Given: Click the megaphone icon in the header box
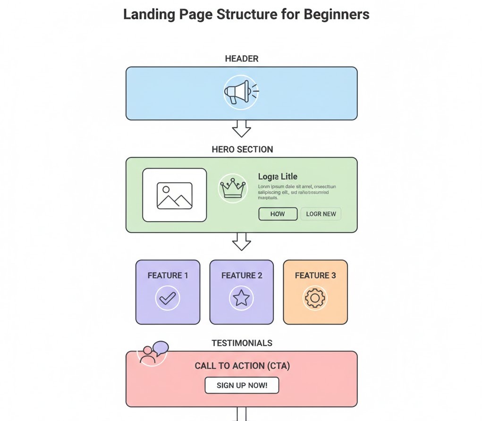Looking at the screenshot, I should click(x=241, y=92).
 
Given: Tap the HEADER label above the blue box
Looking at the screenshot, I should click(x=241, y=59).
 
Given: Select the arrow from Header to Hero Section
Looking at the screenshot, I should click(x=241, y=128).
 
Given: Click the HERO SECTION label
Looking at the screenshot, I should click(x=242, y=149).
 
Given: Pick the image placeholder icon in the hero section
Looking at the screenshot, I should click(x=175, y=195).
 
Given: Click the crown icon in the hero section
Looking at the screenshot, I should click(x=233, y=188).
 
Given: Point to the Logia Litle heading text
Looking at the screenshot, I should click(x=278, y=176).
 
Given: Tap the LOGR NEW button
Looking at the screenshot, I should click(x=321, y=214).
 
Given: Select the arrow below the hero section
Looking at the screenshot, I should click(x=241, y=241).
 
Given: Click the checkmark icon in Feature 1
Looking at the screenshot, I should click(x=168, y=298).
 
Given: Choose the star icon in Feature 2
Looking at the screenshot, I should click(x=241, y=298).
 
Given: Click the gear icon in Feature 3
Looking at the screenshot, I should click(x=315, y=298).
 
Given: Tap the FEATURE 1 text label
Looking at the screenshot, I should click(x=168, y=275).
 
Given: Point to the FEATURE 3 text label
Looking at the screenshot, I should click(x=315, y=275).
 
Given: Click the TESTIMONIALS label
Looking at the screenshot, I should click(x=242, y=343).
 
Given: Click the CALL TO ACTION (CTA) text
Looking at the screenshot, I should click(x=242, y=366).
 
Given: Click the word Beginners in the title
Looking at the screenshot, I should click(x=336, y=14).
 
